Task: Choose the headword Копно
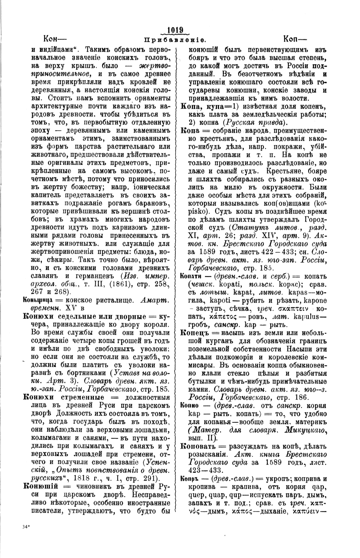pyautogui.click(x=190, y=405)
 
